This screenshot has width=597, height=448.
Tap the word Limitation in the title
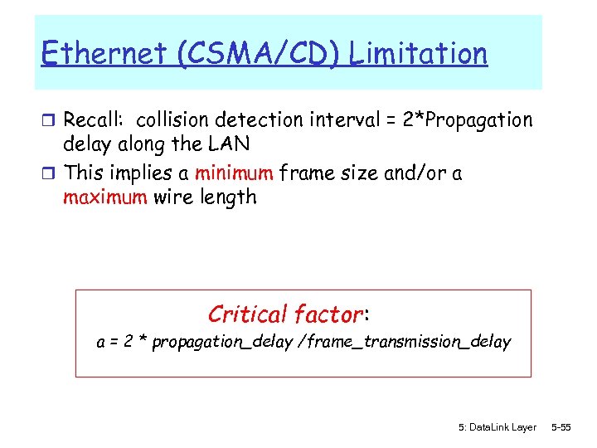coord(418,55)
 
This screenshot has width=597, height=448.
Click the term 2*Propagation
coord(467,121)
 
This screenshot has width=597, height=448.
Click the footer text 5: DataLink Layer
coord(497,427)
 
